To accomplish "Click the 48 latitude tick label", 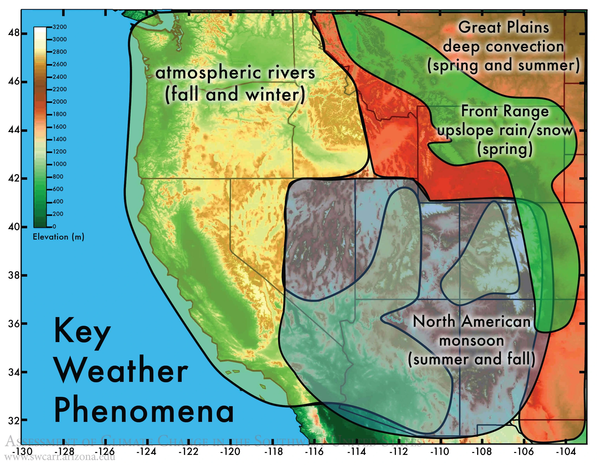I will (14, 33).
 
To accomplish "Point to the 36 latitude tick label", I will (14, 324).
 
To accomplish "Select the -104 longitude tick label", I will (566, 451).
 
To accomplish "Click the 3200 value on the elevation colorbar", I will (60, 27).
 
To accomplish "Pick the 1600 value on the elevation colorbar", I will (60, 127).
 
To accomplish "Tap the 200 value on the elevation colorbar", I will (58, 214).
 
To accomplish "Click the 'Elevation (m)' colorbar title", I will (58, 237).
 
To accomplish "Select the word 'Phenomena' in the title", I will (144, 411).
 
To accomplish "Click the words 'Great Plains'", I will (503, 27).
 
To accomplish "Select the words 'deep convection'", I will (503, 46).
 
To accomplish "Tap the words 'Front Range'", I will (505, 111).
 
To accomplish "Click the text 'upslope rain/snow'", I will (505, 130).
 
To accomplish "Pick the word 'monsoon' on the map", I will (472, 341).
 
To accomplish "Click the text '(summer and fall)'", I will (472, 359).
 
